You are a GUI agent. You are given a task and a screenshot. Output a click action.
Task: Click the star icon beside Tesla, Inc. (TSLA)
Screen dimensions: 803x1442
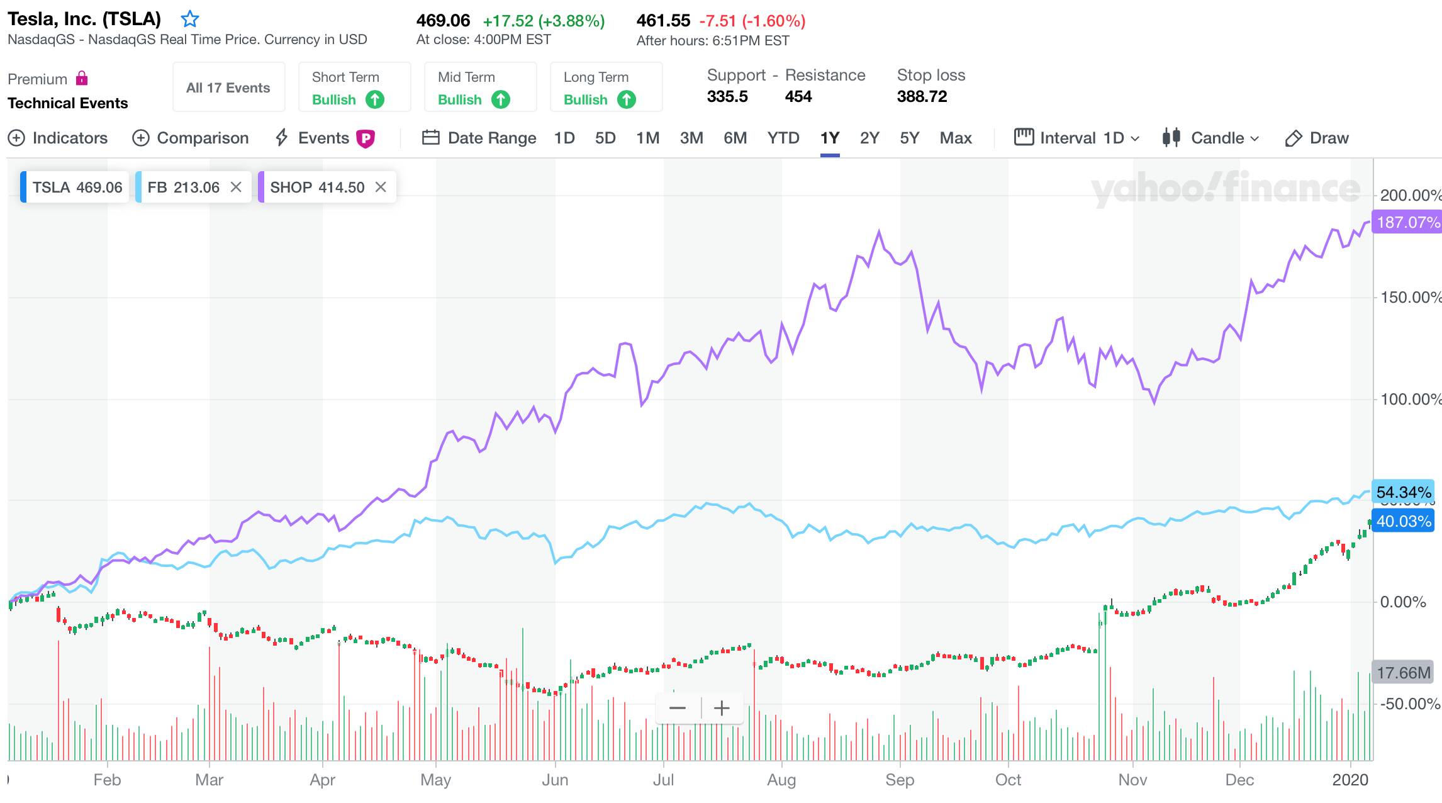click(189, 20)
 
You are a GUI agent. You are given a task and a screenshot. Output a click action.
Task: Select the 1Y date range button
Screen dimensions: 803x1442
click(829, 138)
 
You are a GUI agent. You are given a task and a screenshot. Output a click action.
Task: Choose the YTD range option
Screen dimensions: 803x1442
click(783, 138)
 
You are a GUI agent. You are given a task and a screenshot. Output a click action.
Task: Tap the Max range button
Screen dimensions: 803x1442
click(955, 138)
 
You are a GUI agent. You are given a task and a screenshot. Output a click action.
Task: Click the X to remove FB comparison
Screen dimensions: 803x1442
click(236, 187)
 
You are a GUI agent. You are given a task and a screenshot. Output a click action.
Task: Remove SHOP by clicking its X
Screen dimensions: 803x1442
click(381, 187)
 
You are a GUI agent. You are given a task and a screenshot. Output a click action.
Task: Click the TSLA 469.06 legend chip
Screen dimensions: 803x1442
click(76, 187)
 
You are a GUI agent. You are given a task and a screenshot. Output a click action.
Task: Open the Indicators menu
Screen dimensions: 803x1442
click(58, 138)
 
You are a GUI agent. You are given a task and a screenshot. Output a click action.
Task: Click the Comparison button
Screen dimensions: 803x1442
click(191, 138)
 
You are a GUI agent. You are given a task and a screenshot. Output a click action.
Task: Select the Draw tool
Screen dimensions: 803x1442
click(1317, 138)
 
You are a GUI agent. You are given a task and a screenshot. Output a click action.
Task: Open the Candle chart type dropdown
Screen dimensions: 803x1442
click(1211, 138)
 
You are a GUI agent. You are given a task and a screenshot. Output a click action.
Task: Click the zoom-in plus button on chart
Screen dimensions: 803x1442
click(722, 708)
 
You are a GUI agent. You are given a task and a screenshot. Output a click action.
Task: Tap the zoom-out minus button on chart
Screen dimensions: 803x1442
click(678, 708)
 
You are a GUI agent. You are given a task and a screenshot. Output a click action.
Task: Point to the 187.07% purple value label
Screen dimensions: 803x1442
click(1407, 222)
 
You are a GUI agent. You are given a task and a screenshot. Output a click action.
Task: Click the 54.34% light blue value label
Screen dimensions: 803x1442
click(1404, 492)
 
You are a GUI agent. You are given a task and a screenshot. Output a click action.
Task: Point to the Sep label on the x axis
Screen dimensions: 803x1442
click(899, 780)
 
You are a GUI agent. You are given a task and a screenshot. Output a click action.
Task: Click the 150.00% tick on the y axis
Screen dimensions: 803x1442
click(1410, 297)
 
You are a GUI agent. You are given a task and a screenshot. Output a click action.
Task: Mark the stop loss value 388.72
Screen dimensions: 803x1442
click(922, 96)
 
